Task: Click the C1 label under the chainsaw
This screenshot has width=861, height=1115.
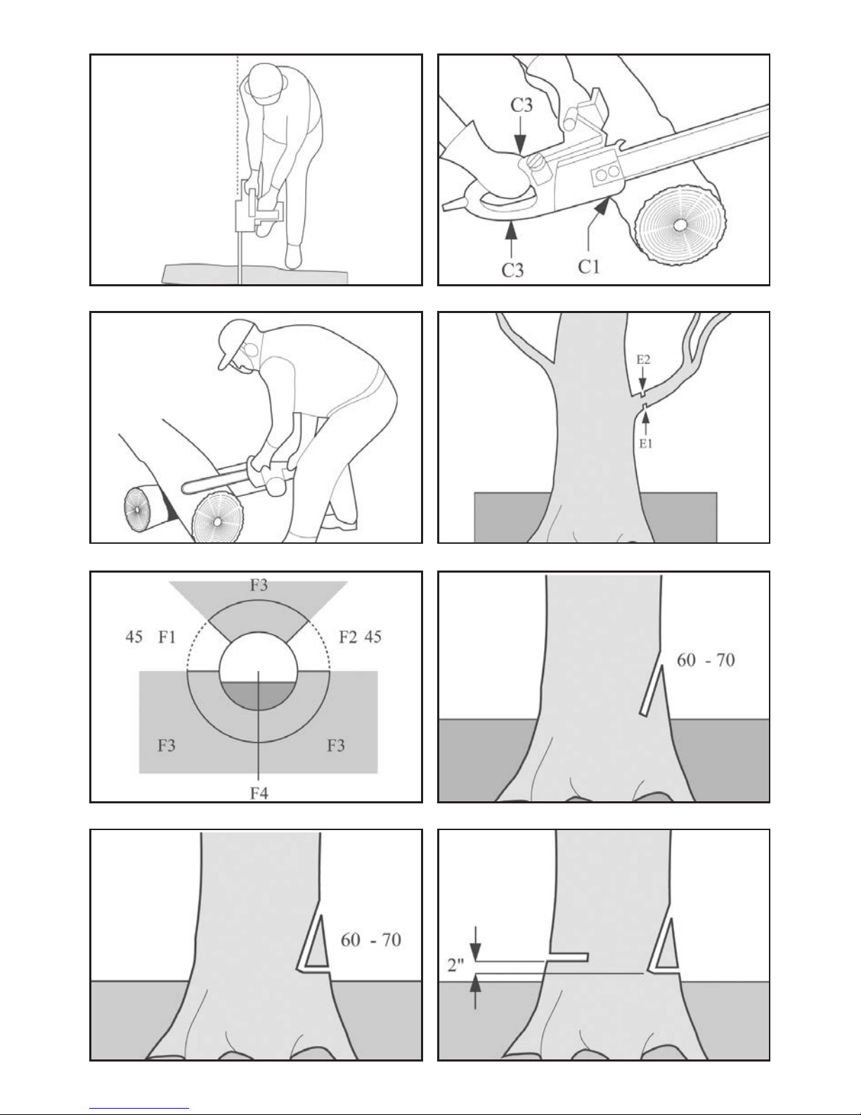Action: [x=588, y=267]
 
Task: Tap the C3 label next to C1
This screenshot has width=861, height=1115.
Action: [x=512, y=270]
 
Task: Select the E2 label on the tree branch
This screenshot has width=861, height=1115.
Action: [x=643, y=359]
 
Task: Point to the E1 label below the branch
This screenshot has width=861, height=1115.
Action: [x=646, y=443]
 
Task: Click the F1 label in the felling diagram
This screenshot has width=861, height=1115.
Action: [x=167, y=637]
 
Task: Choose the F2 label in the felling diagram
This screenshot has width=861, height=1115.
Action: [x=348, y=637]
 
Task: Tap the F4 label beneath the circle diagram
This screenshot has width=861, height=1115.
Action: [x=259, y=794]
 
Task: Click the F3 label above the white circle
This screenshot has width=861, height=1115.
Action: [x=259, y=585]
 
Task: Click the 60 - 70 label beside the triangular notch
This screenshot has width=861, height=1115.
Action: [x=370, y=940]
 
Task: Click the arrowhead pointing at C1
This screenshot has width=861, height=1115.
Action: [x=602, y=207]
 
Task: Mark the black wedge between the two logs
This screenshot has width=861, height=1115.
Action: [x=169, y=508]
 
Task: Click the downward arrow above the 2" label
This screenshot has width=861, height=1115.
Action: [x=476, y=943]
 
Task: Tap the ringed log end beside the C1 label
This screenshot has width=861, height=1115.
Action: [x=680, y=224]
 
